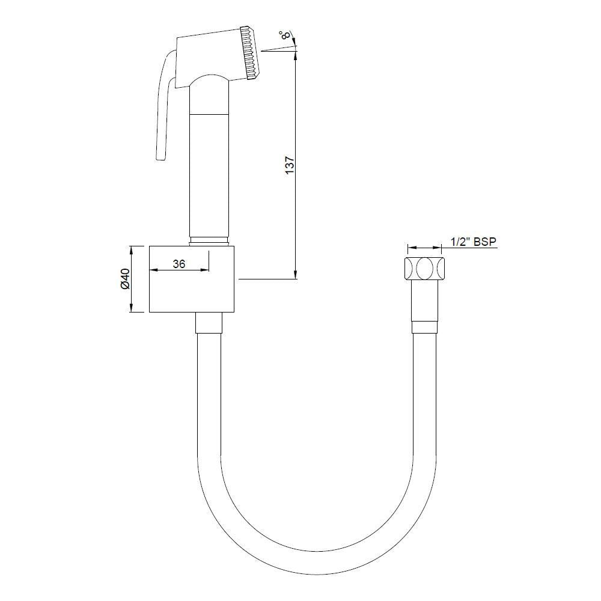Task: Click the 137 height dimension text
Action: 289,165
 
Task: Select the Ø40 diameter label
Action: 125,279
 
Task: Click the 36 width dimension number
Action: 178,263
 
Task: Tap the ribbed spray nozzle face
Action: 251,53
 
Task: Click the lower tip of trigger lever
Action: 159,157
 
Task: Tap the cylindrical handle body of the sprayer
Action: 209,174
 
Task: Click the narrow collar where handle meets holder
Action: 209,242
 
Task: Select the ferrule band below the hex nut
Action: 426,328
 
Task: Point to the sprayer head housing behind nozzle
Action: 207,55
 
